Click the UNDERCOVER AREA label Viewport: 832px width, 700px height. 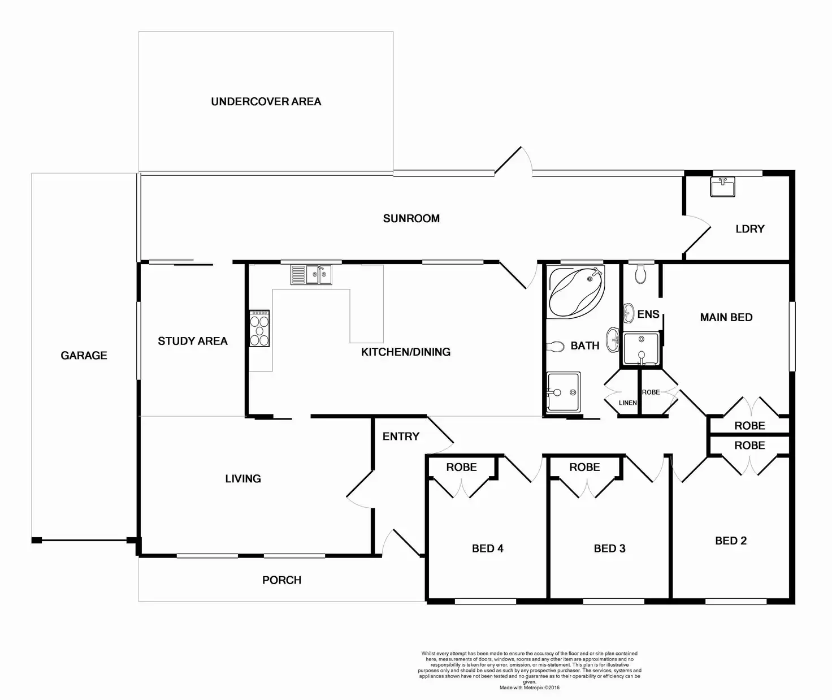click(266, 102)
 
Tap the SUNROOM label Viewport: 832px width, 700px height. click(411, 219)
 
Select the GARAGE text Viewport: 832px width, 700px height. click(84, 356)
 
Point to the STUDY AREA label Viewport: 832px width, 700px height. click(192, 341)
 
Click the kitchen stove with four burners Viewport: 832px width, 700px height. click(259, 329)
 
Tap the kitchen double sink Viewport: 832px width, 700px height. click(311, 275)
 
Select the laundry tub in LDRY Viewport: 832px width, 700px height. click(722, 187)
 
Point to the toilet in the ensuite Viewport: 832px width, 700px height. click(640, 275)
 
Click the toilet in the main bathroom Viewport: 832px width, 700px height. click(556, 346)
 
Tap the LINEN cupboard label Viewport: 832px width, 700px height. click(627, 403)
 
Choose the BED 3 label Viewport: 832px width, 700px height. click(609, 548)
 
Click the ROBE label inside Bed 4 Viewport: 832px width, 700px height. click(461, 468)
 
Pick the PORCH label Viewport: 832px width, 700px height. click(281, 580)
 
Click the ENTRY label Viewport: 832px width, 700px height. click(401, 437)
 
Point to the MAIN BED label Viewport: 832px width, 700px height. click(726, 318)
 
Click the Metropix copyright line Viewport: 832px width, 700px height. click(529, 688)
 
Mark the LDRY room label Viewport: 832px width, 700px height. click(749, 229)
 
